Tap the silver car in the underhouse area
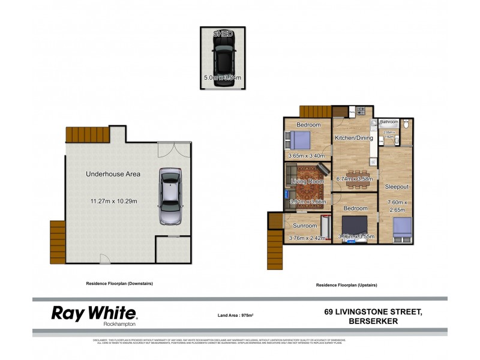click(x=170, y=196)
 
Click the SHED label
click(x=223, y=34)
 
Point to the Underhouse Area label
click(x=113, y=174)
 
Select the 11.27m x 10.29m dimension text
click(x=113, y=201)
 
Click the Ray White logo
click(x=94, y=314)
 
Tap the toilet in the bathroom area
click(x=407, y=125)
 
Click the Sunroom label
click(x=304, y=226)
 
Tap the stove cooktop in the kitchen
click(x=361, y=110)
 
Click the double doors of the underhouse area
click(x=173, y=149)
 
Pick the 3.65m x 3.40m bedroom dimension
click(x=307, y=156)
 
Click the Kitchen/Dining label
click(x=354, y=138)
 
